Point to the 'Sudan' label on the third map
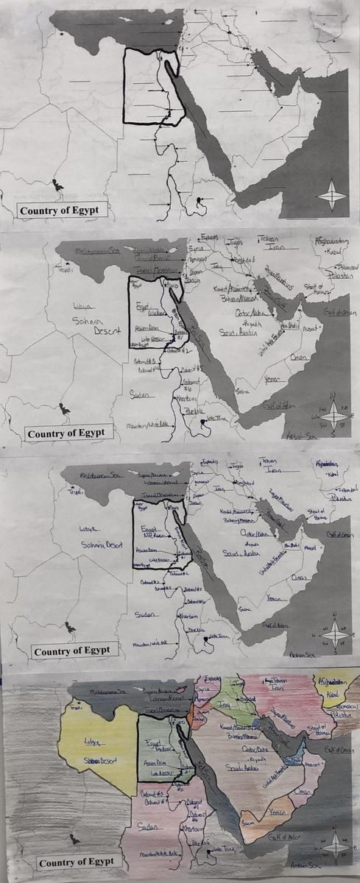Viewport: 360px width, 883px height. [x=145, y=615]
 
